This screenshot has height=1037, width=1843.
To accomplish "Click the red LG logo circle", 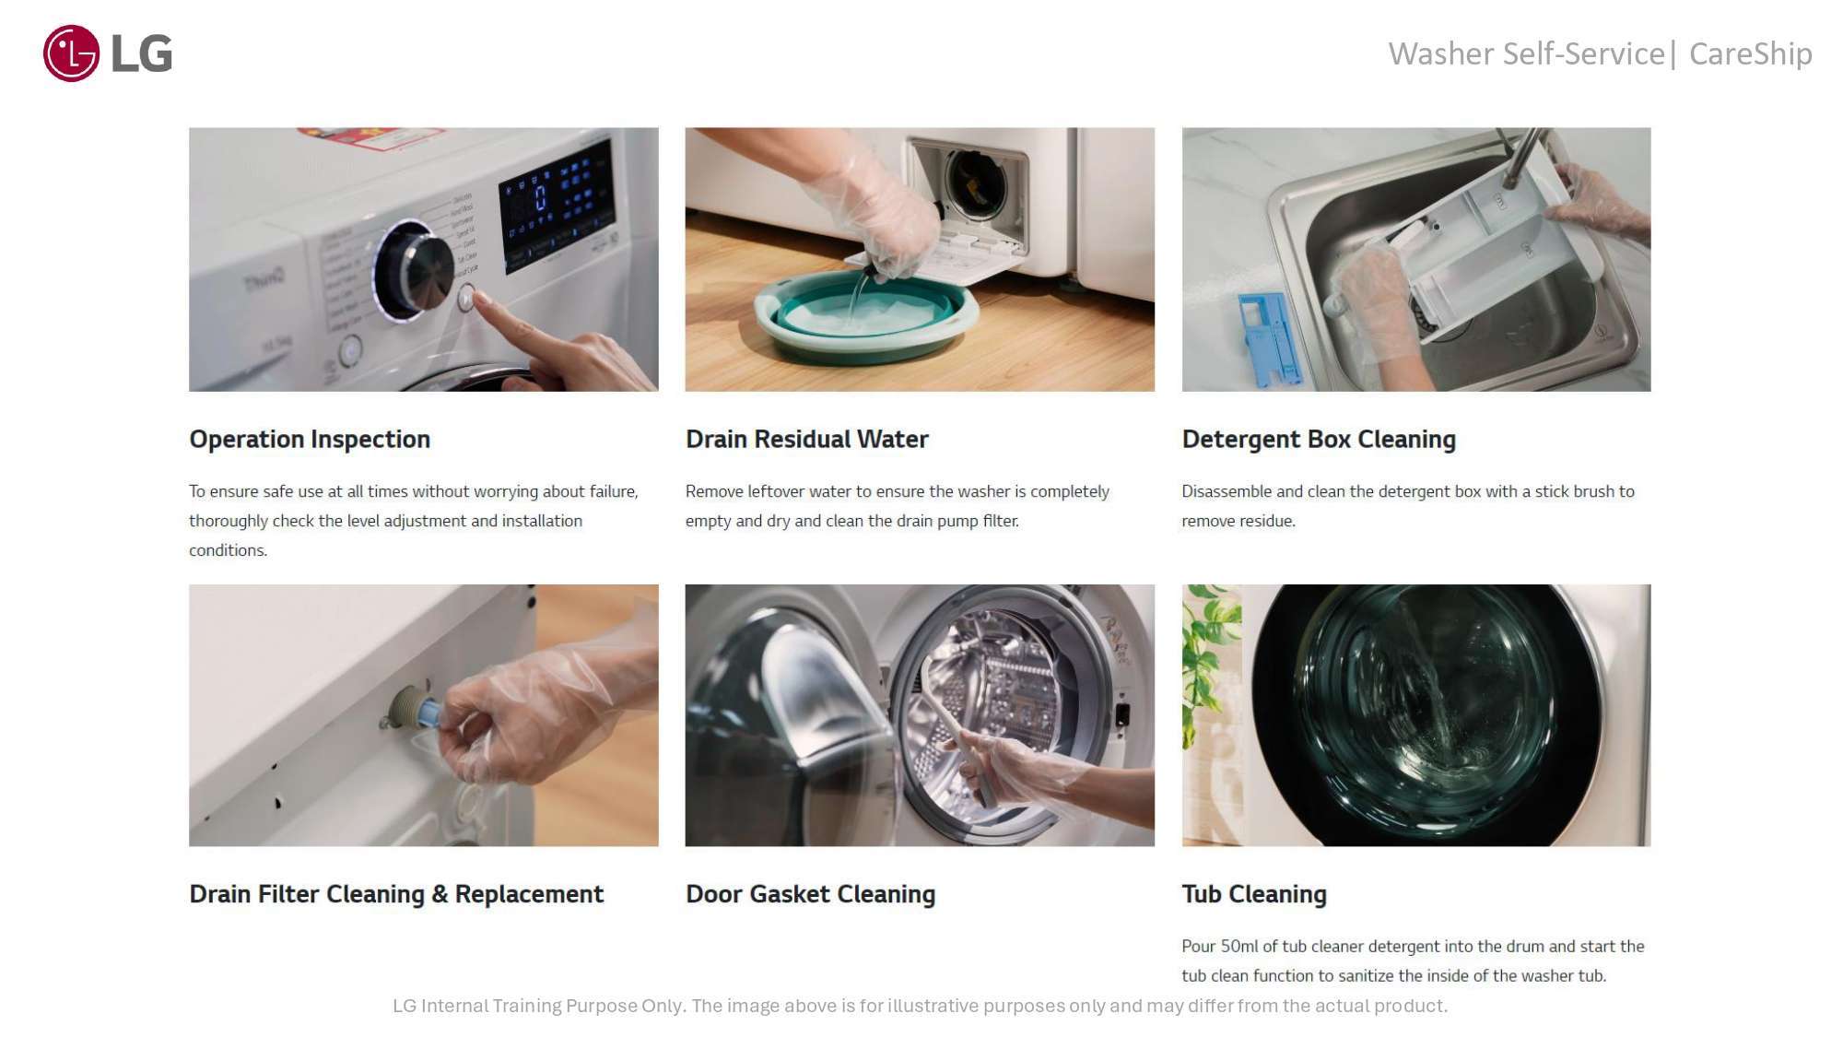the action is tap(71, 53).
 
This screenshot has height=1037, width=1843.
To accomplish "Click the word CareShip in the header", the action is tap(1750, 53).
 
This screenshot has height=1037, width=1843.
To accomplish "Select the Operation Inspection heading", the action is tap(310, 439).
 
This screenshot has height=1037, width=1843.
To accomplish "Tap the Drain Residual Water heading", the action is tap(806, 439).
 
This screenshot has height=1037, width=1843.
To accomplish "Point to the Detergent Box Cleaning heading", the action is tap(1319, 439).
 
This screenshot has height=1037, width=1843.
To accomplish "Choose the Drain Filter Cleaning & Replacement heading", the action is tap(396, 894).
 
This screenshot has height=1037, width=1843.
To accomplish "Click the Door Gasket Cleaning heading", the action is tap(810, 894).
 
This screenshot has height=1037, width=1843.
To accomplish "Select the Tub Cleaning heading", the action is tap(1254, 894).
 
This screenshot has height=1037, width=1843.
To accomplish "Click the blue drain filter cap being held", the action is tap(429, 712).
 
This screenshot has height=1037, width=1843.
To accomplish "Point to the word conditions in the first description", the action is tap(228, 550).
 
